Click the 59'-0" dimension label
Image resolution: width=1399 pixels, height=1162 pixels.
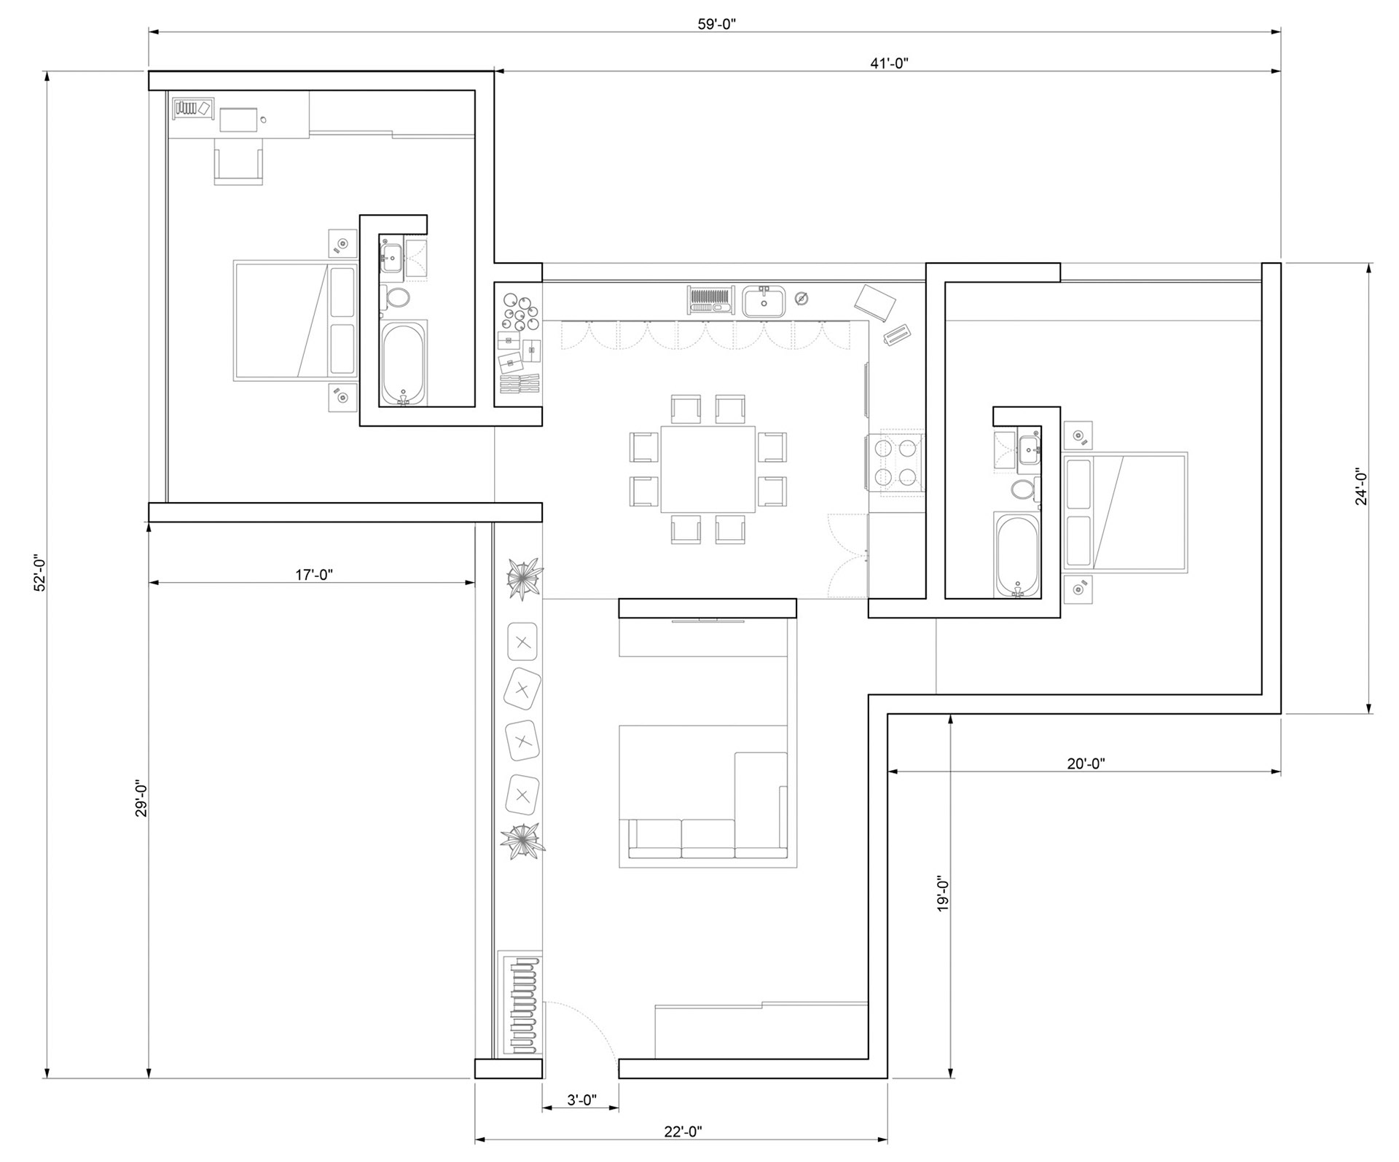tap(717, 24)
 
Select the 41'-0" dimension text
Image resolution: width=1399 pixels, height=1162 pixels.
tap(889, 63)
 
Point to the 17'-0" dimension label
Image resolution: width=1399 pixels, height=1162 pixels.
tap(314, 575)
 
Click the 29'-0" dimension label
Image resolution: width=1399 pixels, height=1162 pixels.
tap(141, 799)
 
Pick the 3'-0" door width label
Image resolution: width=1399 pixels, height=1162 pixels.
tap(582, 1100)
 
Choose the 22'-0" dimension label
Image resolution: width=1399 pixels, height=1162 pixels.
tap(683, 1131)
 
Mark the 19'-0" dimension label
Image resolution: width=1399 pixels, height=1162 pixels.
tap(943, 894)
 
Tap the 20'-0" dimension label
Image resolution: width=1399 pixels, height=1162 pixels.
tap(1086, 763)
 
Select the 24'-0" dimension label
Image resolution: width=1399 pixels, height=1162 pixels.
tap(1361, 487)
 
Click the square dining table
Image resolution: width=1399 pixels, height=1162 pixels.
tap(708, 469)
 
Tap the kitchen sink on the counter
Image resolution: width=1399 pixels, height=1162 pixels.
tap(764, 301)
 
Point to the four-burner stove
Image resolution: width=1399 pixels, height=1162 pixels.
tap(895, 465)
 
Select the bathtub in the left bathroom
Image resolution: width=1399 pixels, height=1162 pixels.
tap(403, 363)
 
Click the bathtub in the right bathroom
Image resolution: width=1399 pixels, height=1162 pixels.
tap(1017, 555)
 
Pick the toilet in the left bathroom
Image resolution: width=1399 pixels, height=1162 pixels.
tap(397, 297)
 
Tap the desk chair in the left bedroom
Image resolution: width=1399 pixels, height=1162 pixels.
tap(238, 162)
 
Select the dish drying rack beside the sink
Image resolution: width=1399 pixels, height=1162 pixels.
tap(710, 300)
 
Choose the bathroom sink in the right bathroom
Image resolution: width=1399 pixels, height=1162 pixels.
tap(1029, 450)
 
